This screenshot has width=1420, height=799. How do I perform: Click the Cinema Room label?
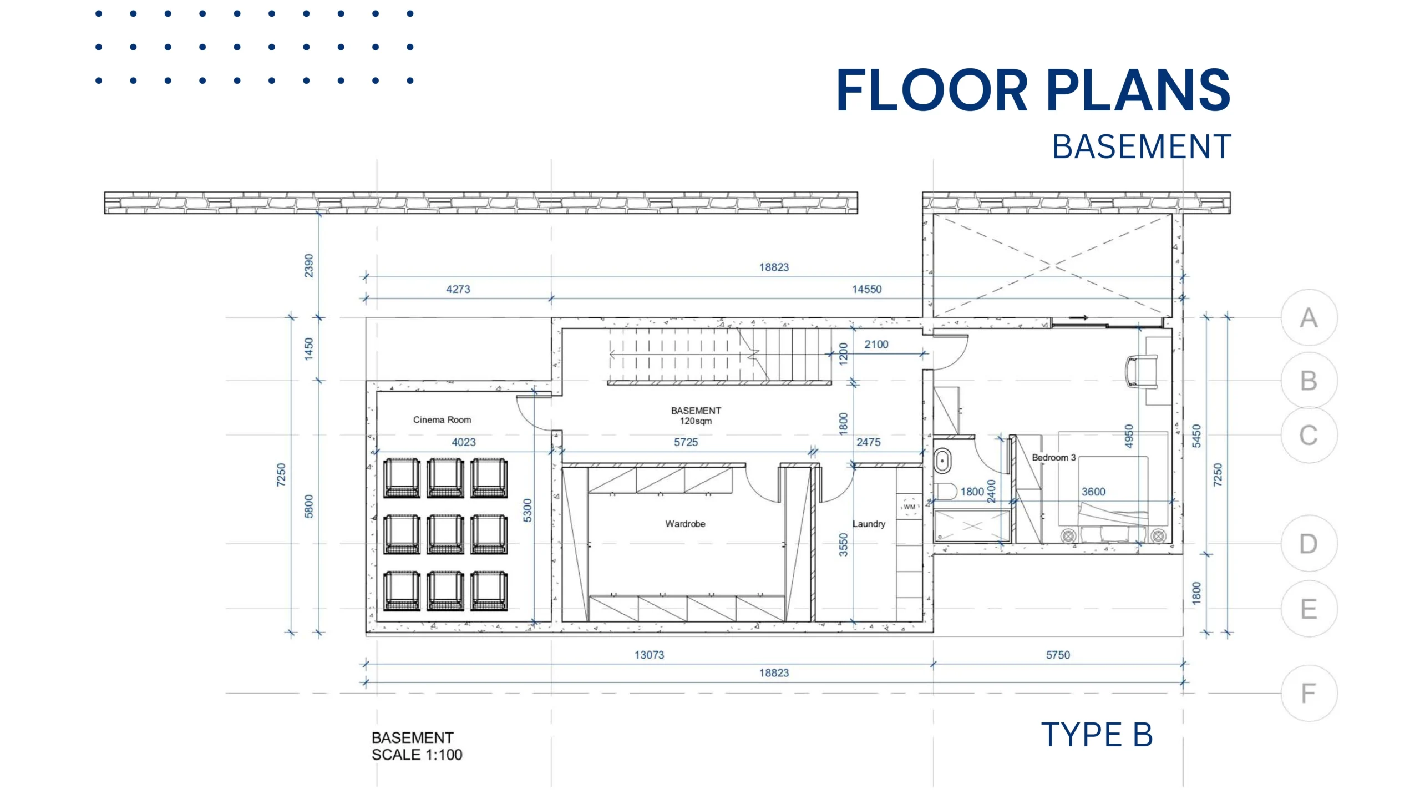(x=442, y=419)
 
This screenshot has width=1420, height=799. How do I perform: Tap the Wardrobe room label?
(x=685, y=524)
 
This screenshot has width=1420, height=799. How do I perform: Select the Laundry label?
(x=869, y=524)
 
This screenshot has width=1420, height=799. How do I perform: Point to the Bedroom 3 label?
(x=1053, y=457)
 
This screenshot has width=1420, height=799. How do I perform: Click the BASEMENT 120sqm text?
(x=696, y=416)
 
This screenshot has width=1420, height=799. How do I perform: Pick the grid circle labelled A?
(x=1309, y=318)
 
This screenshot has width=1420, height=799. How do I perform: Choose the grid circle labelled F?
(x=1309, y=693)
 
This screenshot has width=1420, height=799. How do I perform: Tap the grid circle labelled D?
(x=1309, y=544)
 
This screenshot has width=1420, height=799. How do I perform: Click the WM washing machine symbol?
(x=909, y=507)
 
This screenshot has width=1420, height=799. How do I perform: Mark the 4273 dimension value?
(x=458, y=289)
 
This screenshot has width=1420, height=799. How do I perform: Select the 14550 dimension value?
(x=866, y=289)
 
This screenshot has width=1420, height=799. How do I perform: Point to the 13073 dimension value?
(x=649, y=655)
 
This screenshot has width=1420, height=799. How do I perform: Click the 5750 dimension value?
(x=1058, y=655)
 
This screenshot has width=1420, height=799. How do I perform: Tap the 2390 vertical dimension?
(x=308, y=266)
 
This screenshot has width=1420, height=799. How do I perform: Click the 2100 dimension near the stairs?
(x=876, y=344)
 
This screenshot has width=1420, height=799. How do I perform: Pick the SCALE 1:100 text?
(x=417, y=755)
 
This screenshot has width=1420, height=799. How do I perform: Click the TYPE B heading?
(x=1097, y=735)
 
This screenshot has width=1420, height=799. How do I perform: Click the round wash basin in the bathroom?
(x=942, y=461)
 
